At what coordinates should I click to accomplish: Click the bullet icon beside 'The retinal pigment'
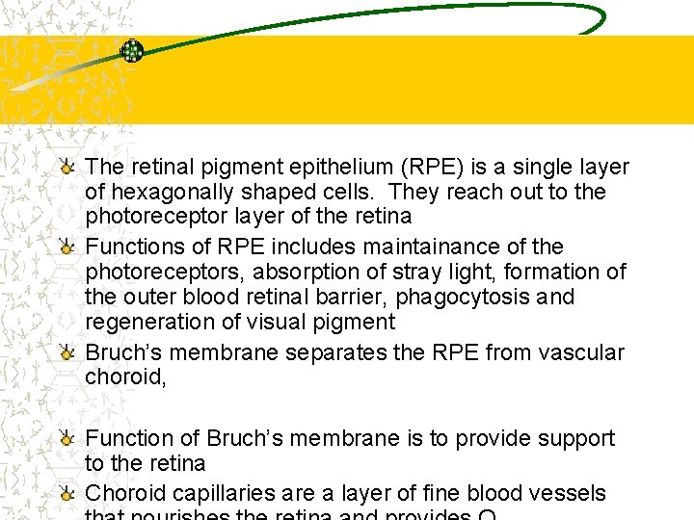pyautogui.click(x=66, y=167)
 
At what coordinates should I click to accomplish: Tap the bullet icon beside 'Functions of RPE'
pyautogui.click(x=66, y=247)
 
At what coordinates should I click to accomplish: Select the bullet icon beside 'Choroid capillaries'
pyautogui.click(x=66, y=493)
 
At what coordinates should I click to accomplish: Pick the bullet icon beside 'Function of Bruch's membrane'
pyautogui.click(x=66, y=438)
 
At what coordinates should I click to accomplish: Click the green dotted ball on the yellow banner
pyautogui.click(x=131, y=51)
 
